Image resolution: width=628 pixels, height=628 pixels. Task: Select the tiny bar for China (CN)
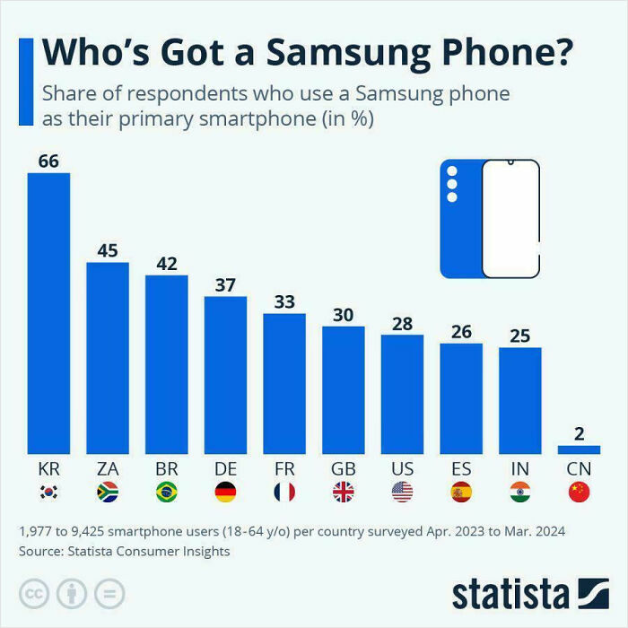(x=579, y=449)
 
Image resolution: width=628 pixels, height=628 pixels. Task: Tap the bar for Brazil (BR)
(x=166, y=363)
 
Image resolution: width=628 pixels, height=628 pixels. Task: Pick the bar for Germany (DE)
(x=225, y=374)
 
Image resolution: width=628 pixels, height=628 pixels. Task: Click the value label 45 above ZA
(x=108, y=250)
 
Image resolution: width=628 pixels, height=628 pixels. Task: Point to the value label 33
(x=284, y=302)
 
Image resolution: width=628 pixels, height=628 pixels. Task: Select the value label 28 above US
(x=402, y=324)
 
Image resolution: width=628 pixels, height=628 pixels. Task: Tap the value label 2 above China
(x=579, y=433)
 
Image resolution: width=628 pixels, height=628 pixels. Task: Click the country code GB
(x=343, y=469)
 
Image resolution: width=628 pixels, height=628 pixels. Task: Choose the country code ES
(x=461, y=469)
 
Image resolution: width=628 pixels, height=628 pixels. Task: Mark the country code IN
(x=519, y=469)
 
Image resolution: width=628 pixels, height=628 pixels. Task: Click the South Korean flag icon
(x=48, y=492)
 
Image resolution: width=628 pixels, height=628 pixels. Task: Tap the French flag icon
(x=284, y=492)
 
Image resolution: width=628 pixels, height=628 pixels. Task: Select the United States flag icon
(x=402, y=492)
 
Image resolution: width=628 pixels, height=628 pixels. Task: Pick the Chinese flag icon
(x=579, y=492)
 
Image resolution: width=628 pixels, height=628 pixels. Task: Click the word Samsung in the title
(x=349, y=53)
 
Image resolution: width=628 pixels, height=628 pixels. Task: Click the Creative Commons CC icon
(x=33, y=594)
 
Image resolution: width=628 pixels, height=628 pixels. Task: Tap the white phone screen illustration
(x=510, y=220)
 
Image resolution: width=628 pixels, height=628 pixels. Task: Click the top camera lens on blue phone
(x=452, y=170)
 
